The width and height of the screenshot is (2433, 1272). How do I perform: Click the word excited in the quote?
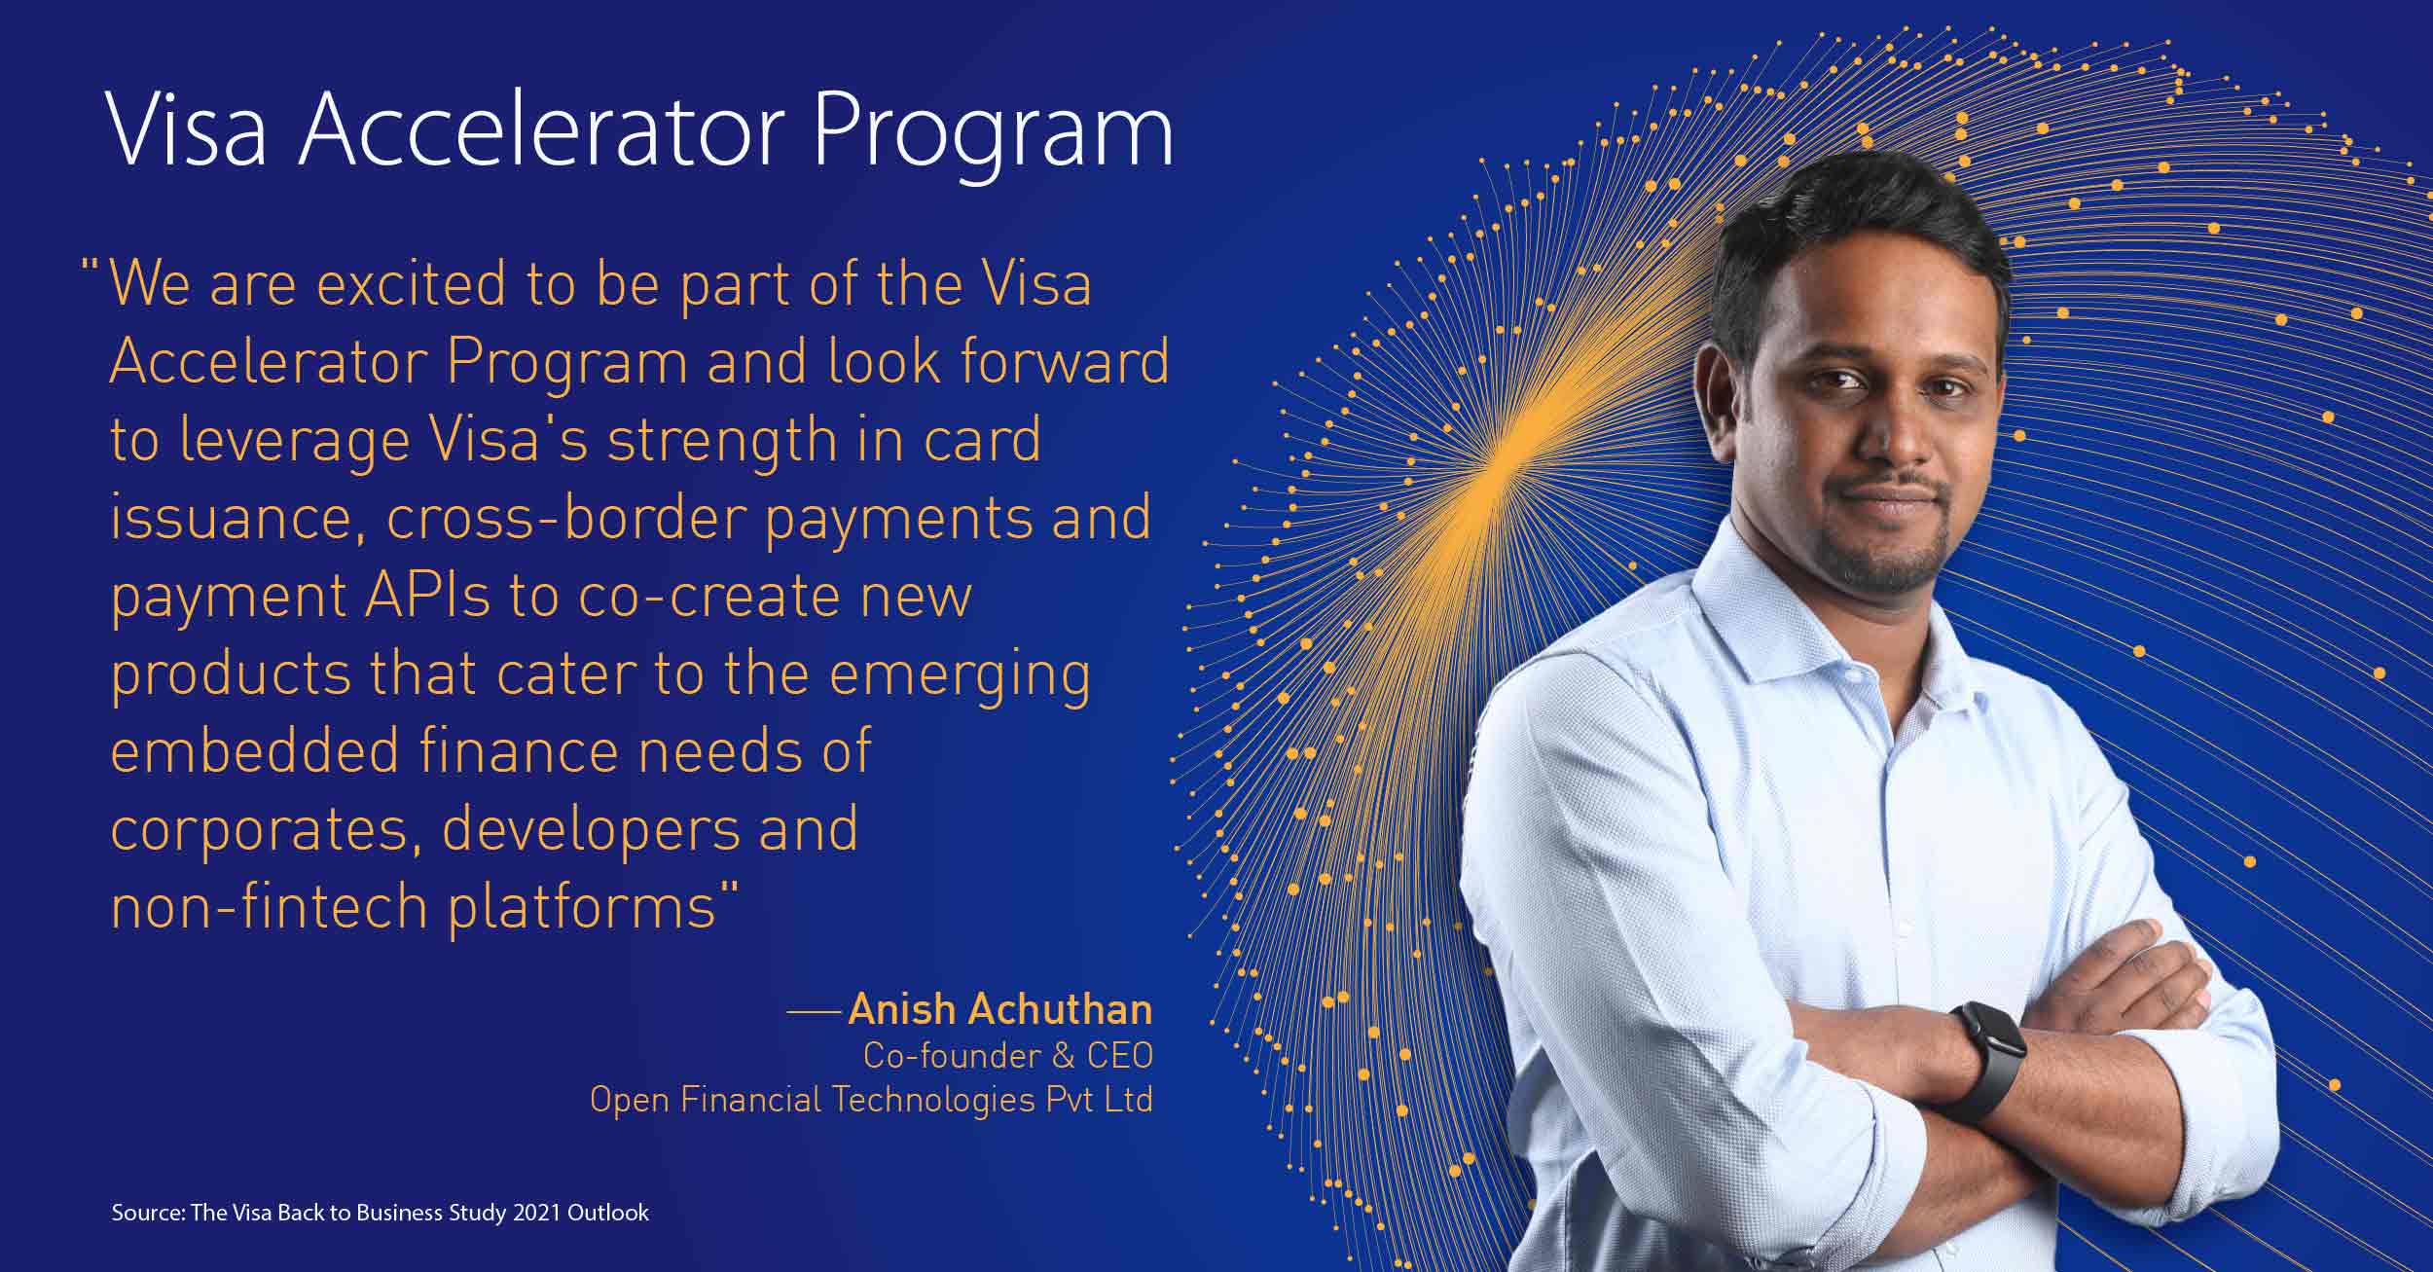[412, 284]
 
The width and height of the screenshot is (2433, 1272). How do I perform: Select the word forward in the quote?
[1064, 361]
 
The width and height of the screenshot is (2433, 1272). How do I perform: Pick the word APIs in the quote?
[428, 595]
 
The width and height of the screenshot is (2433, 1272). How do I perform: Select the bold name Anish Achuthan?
[999, 1009]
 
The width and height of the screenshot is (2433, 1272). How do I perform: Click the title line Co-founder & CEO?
[1007, 1055]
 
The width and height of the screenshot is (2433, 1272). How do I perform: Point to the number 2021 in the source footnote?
[536, 1213]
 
